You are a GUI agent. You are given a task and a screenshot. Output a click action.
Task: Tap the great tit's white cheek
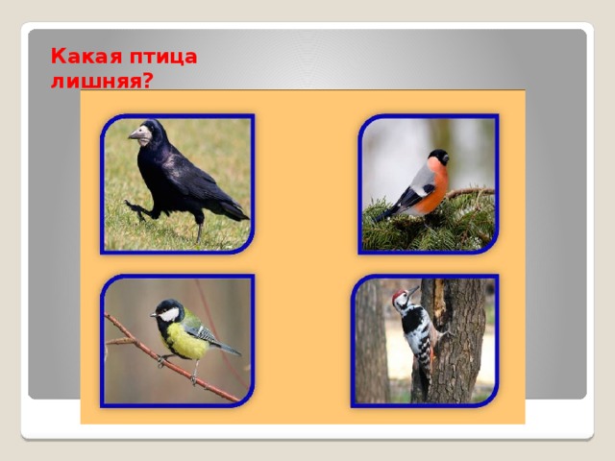[x=170, y=314]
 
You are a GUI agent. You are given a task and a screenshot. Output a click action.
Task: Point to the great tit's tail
[x=228, y=348]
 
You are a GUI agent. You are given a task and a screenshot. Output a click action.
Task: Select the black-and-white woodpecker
[x=415, y=331]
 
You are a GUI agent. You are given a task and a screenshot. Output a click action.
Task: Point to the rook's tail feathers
[x=231, y=206]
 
